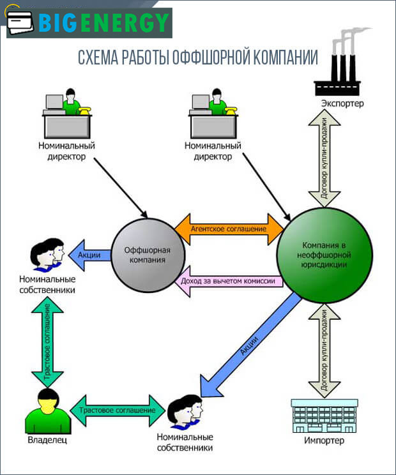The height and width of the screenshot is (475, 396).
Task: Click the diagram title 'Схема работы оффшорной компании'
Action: [x=197, y=58]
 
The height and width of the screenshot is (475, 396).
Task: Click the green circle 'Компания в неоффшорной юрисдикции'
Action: [x=324, y=254]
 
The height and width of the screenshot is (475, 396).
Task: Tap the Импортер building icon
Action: [x=324, y=414]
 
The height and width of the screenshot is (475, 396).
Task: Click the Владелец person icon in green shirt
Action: [x=47, y=412]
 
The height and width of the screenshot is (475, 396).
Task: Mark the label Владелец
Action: [x=47, y=441]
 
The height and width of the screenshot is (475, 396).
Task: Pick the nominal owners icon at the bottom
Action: [x=185, y=412]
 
